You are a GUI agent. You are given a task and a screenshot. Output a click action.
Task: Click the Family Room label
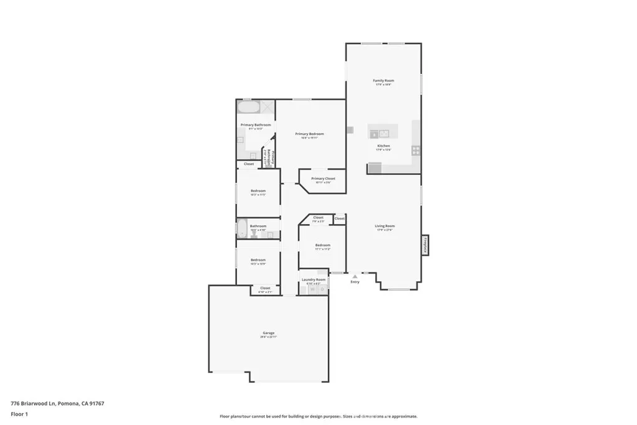pyautogui.click(x=383, y=81)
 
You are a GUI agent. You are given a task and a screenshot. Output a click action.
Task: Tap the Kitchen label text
pyautogui.click(x=383, y=146)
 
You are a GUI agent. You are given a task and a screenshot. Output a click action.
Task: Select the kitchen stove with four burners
pyautogui.click(x=416, y=150)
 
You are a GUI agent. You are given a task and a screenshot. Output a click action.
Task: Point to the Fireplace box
pyautogui.click(x=425, y=244)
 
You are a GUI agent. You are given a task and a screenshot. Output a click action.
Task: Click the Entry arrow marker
pyautogui.click(x=355, y=276)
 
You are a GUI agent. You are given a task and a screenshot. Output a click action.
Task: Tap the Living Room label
pyautogui.click(x=384, y=226)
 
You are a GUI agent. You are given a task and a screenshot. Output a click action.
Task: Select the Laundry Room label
pyautogui.click(x=314, y=280)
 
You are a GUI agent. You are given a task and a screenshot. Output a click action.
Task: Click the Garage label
pyautogui.click(x=268, y=333)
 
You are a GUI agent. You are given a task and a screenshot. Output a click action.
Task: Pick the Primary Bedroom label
pyautogui.click(x=309, y=134)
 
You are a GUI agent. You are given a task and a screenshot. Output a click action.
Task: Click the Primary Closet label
pyautogui.click(x=323, y=179)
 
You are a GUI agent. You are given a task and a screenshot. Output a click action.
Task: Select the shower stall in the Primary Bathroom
pyautogui.click(x=267, y=106)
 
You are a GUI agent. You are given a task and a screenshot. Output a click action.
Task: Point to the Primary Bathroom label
pyautogui.click(x=256, y=125)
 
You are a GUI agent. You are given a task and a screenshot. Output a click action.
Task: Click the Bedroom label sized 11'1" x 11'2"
pyautogui.click(x=322, y=245)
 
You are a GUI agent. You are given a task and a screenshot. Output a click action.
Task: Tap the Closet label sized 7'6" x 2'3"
pyautogui.click(x=318, y=218)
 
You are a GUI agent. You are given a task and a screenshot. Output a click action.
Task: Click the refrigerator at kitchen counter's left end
pyautogui.click(x=374, y=167)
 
